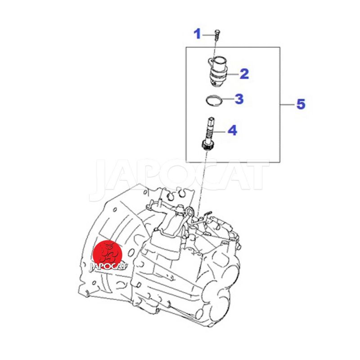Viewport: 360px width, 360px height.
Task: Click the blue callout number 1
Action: coord(197,34)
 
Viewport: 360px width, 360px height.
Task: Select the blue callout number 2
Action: coord(244,74)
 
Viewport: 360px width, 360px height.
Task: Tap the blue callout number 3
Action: coord(239,99)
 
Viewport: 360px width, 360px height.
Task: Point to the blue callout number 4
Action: coord(232,130)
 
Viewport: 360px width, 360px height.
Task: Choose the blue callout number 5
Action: coord(301,104)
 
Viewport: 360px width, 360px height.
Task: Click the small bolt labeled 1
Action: coord(217,35)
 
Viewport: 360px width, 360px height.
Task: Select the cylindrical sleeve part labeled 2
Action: coord(217,72)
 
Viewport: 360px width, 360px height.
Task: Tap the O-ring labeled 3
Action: coord(214,100)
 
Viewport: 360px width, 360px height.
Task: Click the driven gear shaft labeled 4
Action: coord(208,134)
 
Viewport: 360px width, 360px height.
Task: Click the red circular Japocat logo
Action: coord(107,254)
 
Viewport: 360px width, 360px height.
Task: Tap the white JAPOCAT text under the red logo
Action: coord(108,266)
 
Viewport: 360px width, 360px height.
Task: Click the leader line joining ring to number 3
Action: coord(228,99)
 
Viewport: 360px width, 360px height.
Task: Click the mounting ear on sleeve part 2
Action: coord(211,61)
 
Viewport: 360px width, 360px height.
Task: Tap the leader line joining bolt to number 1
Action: coord(208,35)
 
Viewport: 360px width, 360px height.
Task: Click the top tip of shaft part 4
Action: coord(211,118)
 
